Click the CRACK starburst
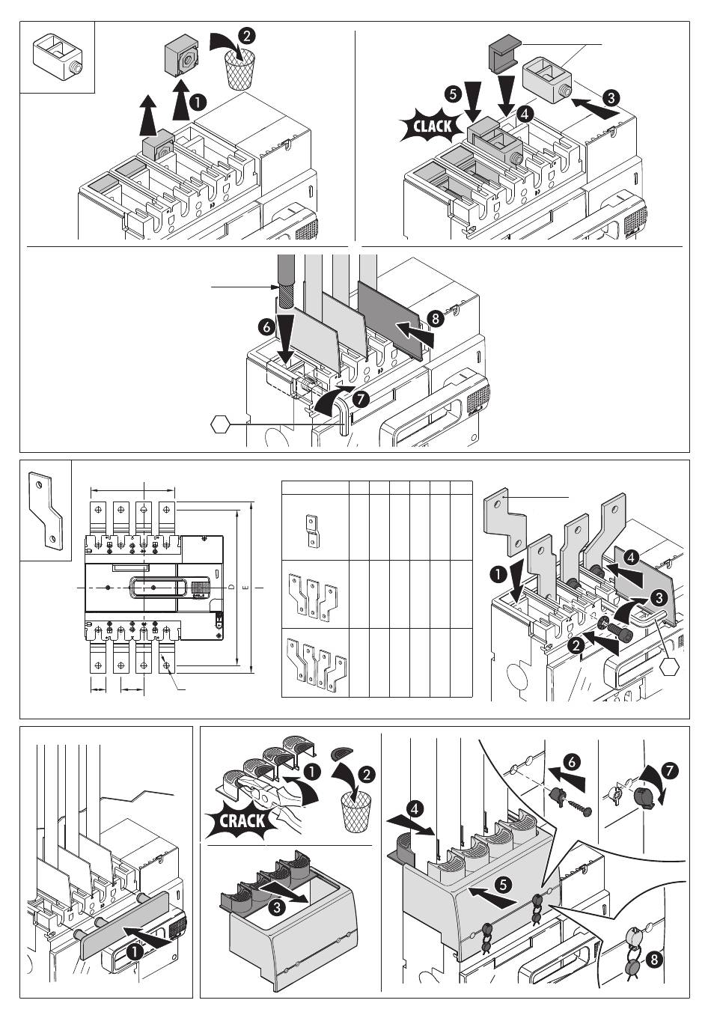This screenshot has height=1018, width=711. pyautogui.click(x=241, y=820)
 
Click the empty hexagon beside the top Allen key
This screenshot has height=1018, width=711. pyautogui.click(x=219, y=424)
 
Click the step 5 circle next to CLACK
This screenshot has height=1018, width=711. pyautogui.click(x=452, y=95)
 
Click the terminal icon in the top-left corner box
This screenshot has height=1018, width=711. pyautogui.click(x=56, y=56)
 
